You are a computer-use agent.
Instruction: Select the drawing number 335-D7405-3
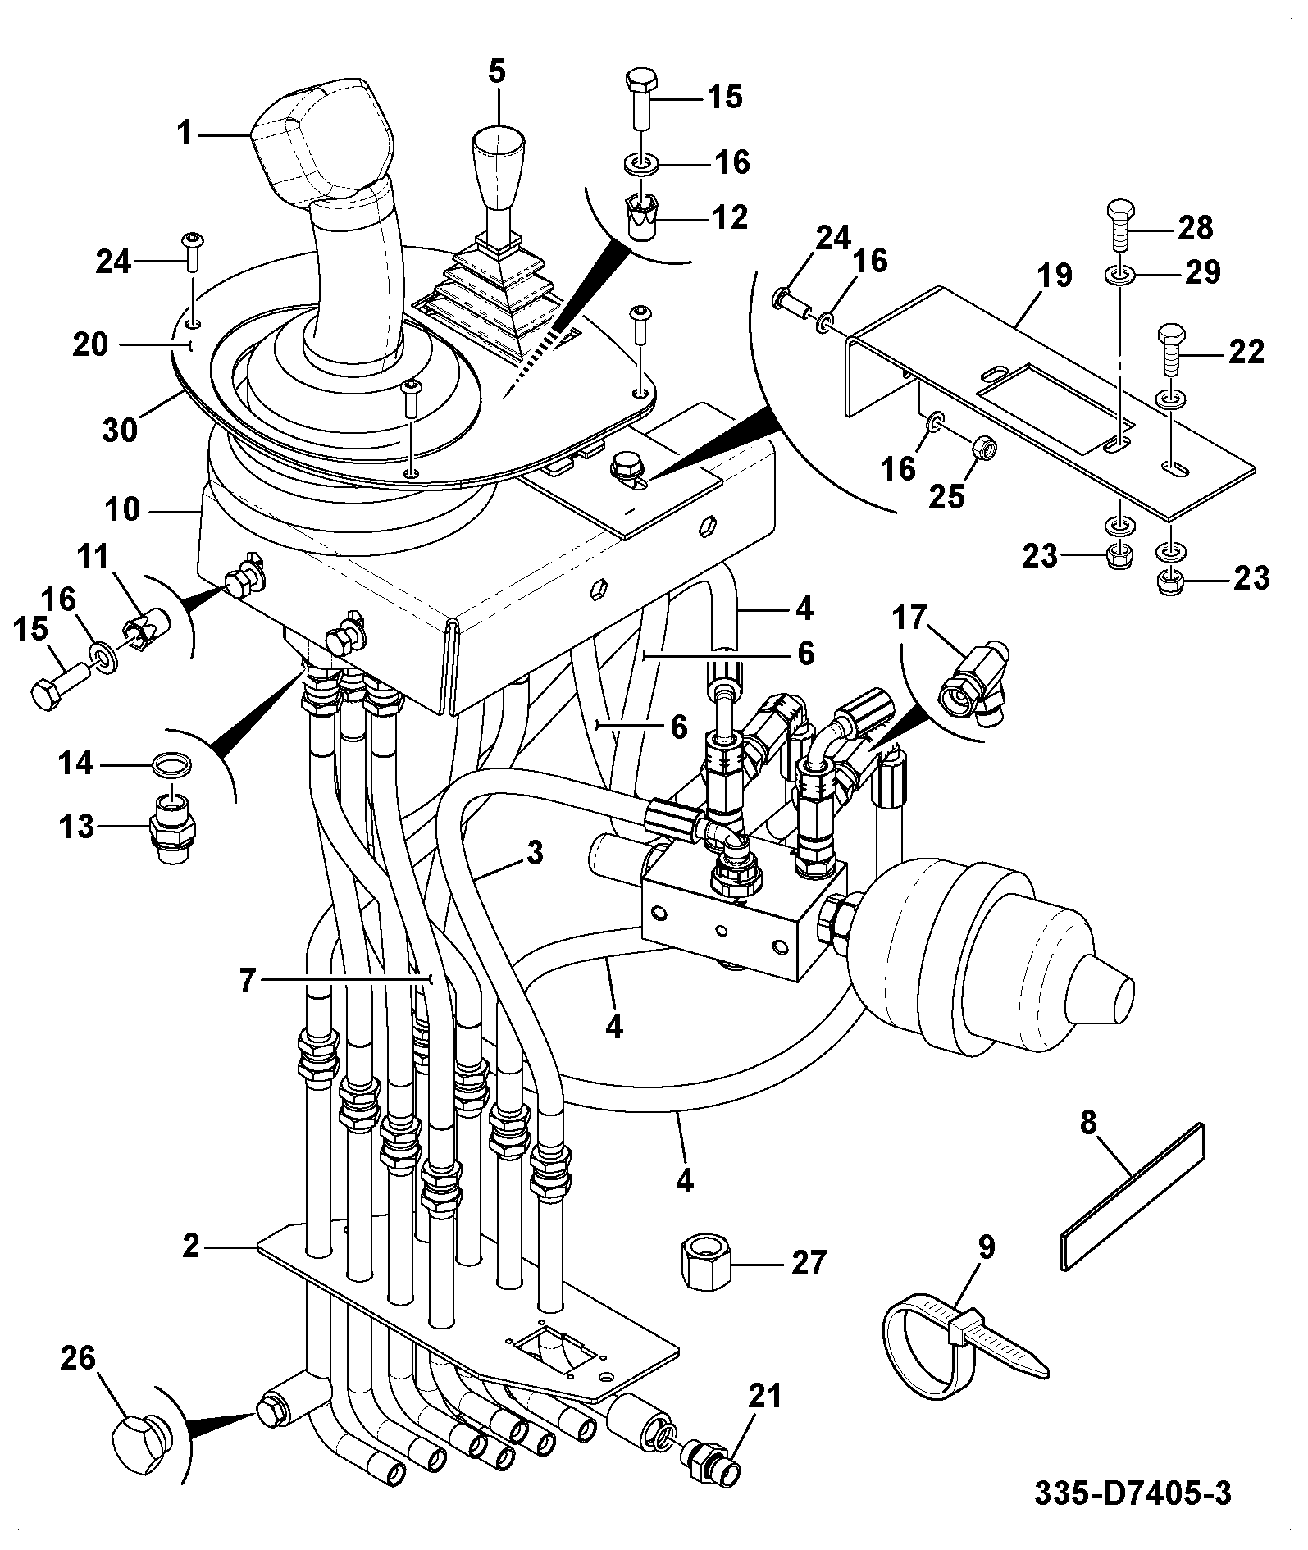[x=1133, y=1494]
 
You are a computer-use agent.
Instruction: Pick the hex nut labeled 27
[x=708, y=1265]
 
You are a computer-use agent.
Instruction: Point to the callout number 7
[x=248, y=981]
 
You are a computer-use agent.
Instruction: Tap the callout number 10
[x=123, y=510]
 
